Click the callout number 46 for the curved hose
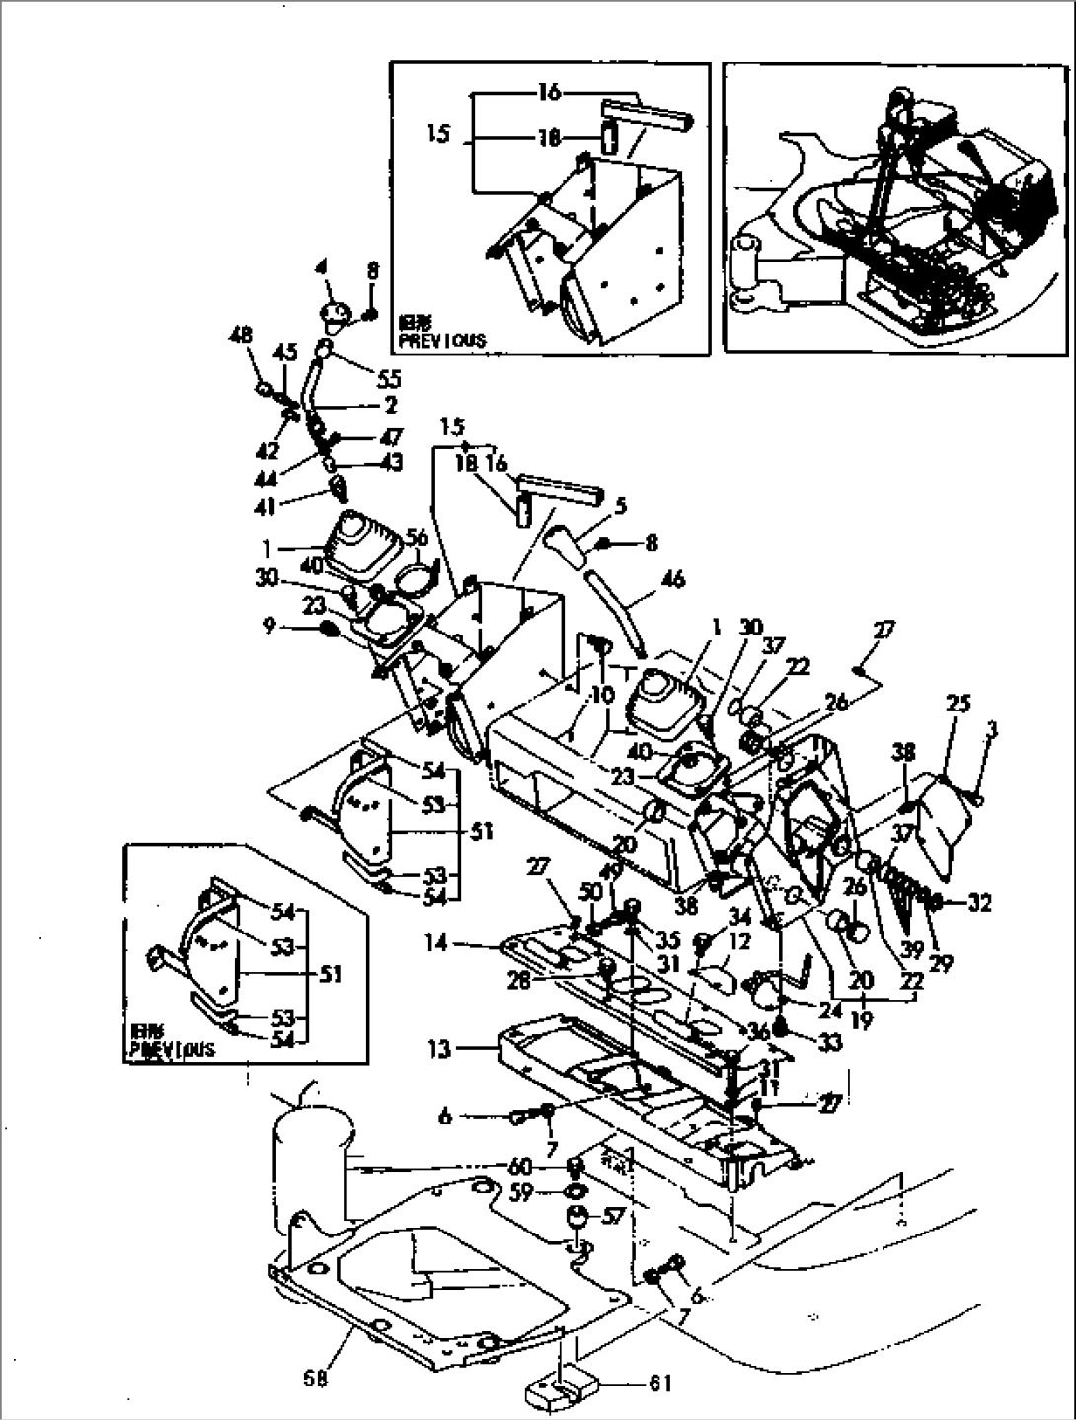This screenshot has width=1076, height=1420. (x=647, y=579)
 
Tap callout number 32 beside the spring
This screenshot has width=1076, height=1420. (x=980, y=903)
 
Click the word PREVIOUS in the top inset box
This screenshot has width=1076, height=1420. (x=442, y=340)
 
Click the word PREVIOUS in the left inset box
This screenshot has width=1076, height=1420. (x=171, y=1050)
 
